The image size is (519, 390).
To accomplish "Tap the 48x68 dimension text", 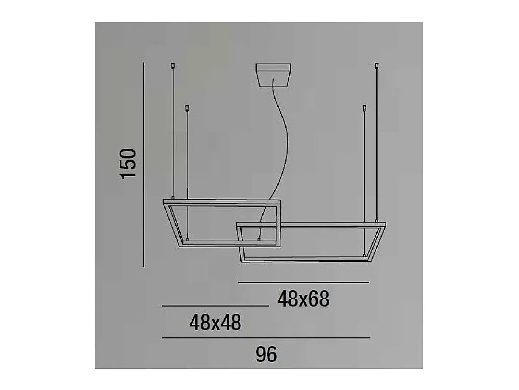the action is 303,299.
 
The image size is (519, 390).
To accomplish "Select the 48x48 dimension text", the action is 215,322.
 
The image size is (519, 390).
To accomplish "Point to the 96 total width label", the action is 266,354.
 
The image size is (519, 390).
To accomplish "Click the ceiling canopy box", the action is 273,75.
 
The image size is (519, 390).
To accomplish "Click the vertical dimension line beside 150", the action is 144,165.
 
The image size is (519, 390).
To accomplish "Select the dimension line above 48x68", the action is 303,282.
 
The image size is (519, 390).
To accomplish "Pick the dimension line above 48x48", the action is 215,306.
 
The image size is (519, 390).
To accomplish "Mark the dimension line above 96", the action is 266,338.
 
